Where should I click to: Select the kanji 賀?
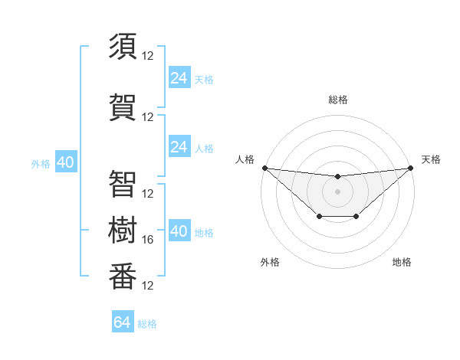[x=123, y=106]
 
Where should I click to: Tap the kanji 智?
[x=123, y=183]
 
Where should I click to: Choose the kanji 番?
[x=123, y=275]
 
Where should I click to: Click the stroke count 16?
[x=149, y=240]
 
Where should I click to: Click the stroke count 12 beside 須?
[x=149, y=55]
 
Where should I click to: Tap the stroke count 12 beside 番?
[x=149, y=286]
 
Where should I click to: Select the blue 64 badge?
[x=123, y=322]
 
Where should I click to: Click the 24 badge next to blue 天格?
[x=179, y=78]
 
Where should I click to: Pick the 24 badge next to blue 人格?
[x=179, y=147]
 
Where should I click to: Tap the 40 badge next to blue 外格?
[x=65, y=162]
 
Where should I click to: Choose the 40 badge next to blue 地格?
[x=179, y=231]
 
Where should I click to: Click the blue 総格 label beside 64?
[x=147, y=323]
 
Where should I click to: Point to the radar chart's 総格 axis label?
[x=338, y=100]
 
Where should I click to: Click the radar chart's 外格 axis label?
[x=270, y=262]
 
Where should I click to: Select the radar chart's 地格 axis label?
[x=402, y=262]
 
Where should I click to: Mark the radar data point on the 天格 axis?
[x=409, y=168]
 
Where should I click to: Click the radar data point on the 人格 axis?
[x=264, y=168]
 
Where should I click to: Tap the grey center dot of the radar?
[x=337, y=191]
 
